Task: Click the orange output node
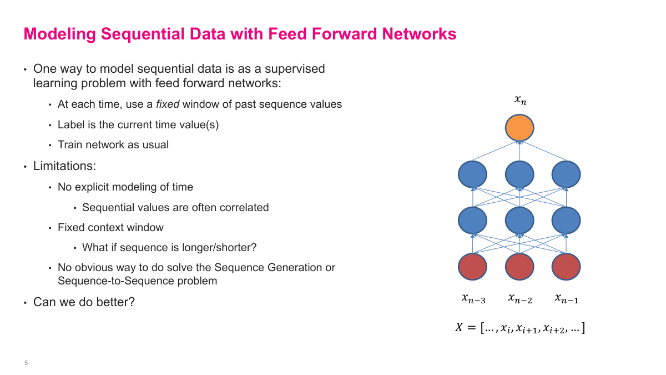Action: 519,128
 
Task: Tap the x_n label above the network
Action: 519,101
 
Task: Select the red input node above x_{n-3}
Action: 472,266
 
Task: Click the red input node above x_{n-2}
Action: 519,266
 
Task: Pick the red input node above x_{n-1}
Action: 566,266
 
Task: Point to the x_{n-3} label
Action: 473,299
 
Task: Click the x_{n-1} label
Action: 567,299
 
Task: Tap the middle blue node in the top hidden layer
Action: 519,174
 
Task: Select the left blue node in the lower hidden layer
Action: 472,220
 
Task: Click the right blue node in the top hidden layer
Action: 566,174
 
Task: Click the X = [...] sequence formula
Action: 520,328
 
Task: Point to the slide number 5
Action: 26,363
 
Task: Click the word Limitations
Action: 65,166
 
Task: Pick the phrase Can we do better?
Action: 84,302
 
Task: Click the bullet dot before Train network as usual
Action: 51,146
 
